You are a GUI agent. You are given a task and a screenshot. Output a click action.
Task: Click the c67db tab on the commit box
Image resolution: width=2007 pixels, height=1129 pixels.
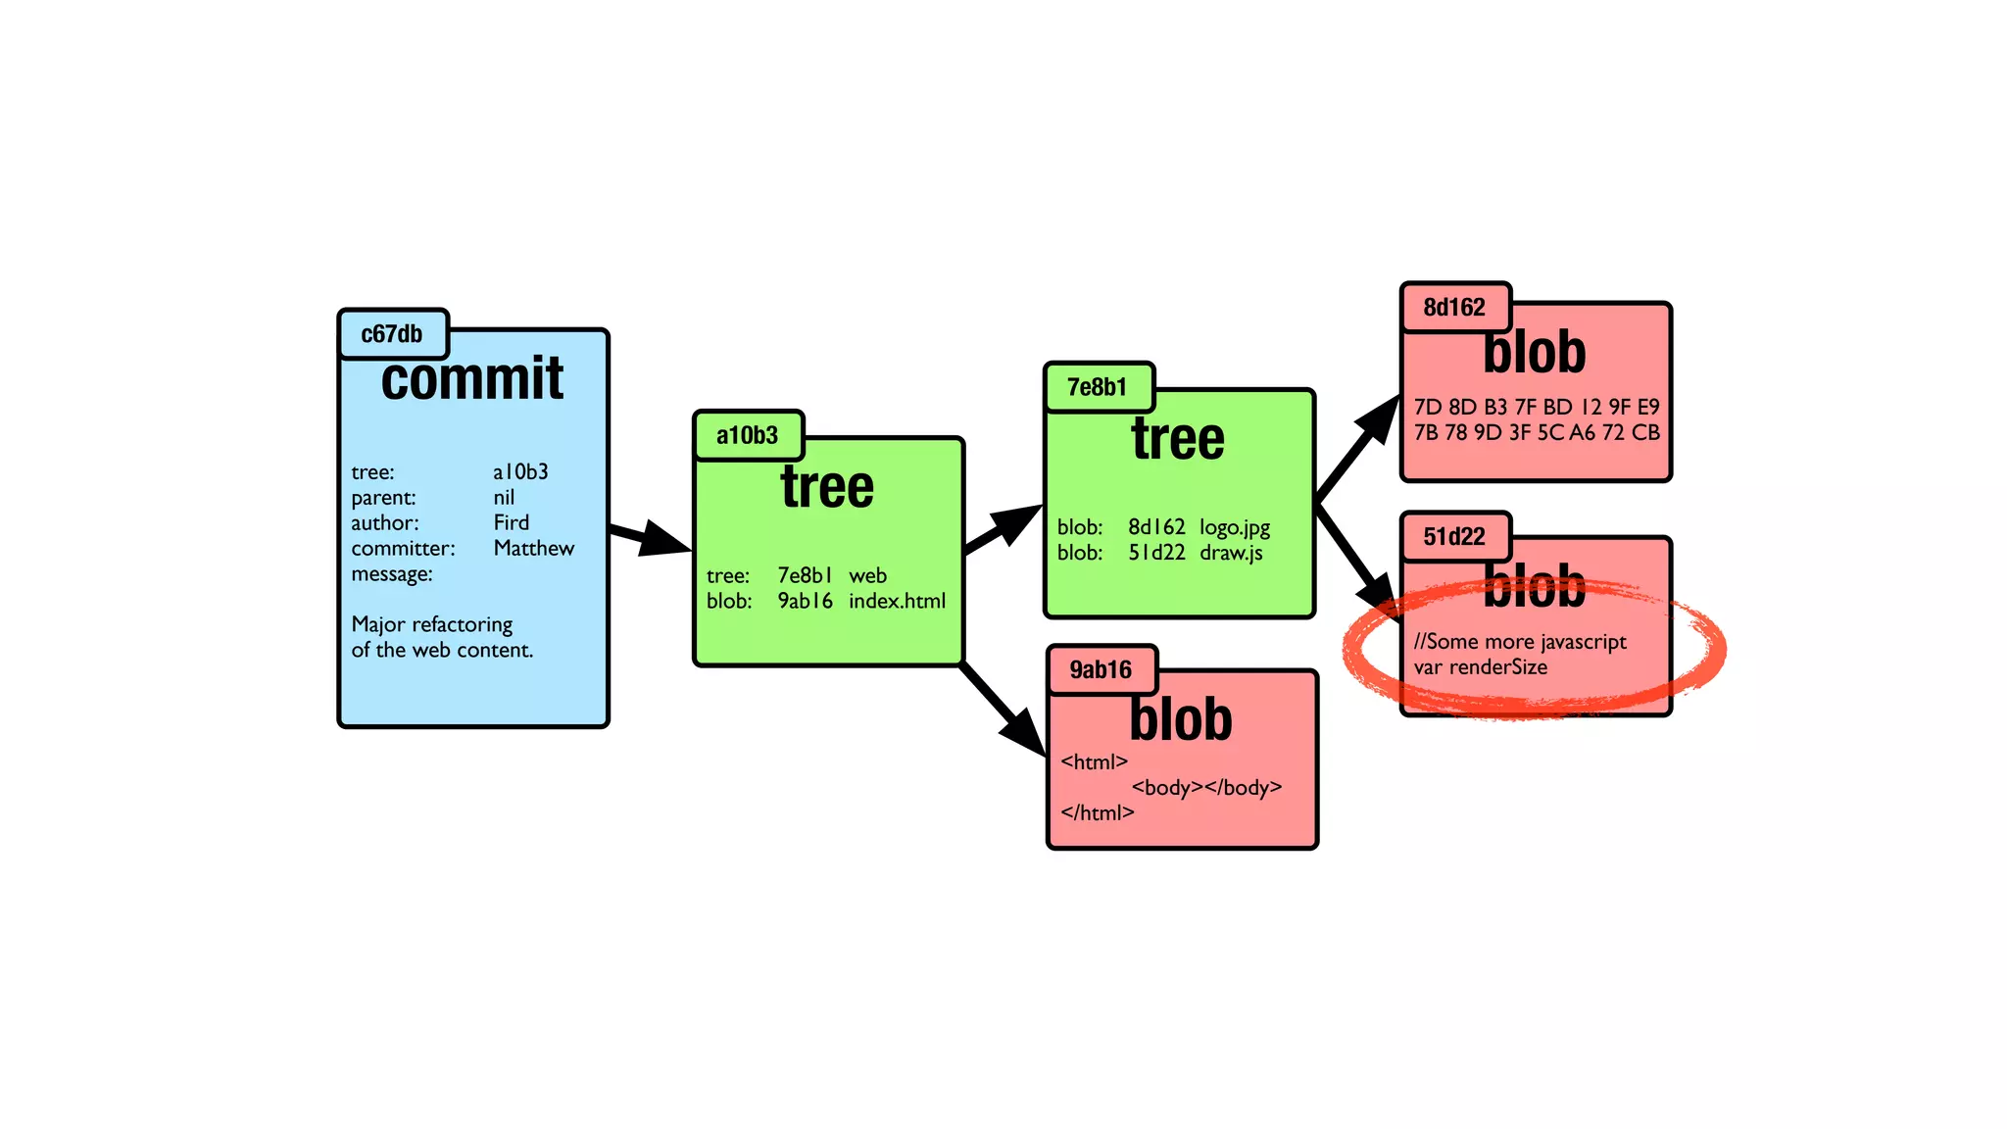[392, 334]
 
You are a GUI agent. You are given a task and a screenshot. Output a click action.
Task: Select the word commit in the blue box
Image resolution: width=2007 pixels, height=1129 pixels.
[471, 378]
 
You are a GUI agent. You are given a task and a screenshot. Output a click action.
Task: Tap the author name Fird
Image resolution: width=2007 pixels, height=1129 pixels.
[511, 522]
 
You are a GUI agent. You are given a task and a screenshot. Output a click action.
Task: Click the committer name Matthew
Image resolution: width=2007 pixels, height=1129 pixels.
[533, 548]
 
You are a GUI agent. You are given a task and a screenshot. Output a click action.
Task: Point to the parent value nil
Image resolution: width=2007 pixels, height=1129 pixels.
[503, 497]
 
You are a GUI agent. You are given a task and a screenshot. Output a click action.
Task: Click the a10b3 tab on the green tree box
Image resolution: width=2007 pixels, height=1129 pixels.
[747, 435]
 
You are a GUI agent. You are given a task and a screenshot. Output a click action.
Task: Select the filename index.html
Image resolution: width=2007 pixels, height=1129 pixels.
[897, 601]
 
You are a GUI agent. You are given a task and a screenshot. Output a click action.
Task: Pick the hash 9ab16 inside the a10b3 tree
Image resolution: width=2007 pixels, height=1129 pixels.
[805, 601]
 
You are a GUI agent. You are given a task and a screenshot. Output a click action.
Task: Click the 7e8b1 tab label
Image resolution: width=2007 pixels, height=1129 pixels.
[1097, 387]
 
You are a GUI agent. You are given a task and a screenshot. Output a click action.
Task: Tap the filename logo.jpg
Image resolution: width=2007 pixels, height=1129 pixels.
[1234, 527]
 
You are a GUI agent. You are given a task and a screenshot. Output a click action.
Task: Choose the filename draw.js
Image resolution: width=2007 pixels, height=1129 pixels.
[1231, 553]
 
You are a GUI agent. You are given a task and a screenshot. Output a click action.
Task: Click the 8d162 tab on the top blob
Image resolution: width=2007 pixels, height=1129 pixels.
[1454, 308]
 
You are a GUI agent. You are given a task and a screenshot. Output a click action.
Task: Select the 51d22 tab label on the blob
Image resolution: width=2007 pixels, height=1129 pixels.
[1454, 537]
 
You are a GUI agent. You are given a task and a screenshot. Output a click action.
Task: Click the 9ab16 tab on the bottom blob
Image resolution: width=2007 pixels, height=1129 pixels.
[1101, 670]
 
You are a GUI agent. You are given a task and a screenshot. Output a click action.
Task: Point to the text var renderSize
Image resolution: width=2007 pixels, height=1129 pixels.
[1480, 667]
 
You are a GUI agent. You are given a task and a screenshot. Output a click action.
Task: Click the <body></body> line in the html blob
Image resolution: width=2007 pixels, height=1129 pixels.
[1206, 787]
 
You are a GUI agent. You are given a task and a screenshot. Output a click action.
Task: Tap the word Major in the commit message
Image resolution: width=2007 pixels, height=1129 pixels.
[377, 624]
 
